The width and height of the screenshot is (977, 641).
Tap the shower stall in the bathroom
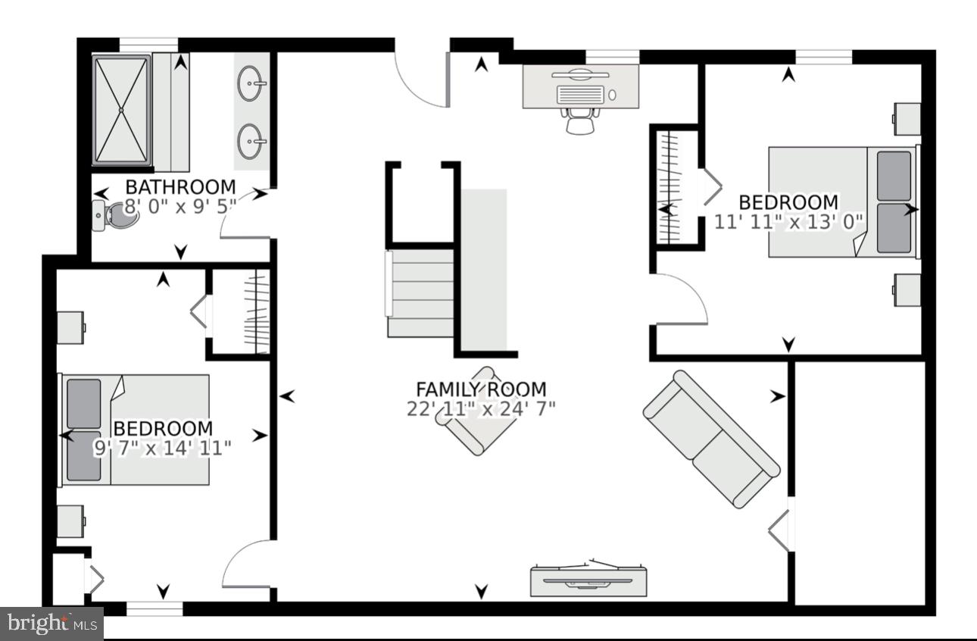pos(121,109)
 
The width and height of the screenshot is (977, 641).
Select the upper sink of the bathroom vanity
pos(251,83)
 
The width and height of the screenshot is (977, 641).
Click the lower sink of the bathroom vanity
pos(251,141)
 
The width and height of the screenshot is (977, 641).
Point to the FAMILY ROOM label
pos(481,389)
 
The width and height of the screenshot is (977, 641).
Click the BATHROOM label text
pos(180,186)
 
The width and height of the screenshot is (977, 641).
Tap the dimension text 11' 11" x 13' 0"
pos(788,221)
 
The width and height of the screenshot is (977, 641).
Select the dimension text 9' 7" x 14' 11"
pos(162,448)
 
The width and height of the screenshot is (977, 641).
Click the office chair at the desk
pos(579,120)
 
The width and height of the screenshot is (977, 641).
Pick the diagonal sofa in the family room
pos(710,438)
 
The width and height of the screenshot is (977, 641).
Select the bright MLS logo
pos(52,624)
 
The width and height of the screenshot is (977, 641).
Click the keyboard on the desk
pos(581,94)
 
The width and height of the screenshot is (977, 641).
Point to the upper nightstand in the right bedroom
pos(907,118)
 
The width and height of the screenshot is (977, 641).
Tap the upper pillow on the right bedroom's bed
pos(894,176)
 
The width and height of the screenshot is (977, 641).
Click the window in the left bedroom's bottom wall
pos(155,608)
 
